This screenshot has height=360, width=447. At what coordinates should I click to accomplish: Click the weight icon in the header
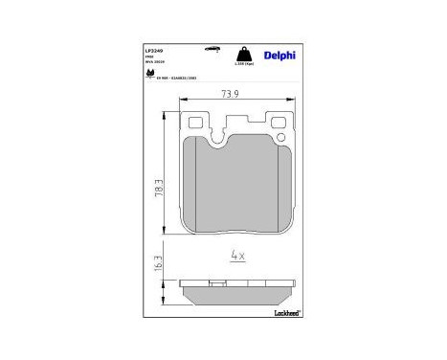pos(244,54)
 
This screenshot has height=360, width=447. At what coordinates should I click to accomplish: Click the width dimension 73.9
pos(230,94)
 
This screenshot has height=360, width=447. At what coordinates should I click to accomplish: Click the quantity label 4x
pos(238,255)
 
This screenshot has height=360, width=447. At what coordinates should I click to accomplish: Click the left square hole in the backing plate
pos(197,124)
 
